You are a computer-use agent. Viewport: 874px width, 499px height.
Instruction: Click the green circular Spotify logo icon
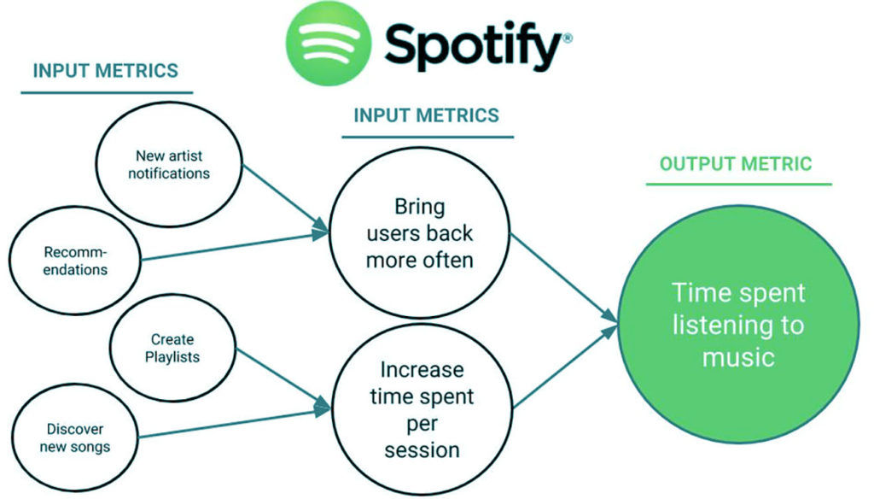click(329, 43)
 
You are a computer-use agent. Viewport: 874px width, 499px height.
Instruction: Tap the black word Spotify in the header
click(473, 46)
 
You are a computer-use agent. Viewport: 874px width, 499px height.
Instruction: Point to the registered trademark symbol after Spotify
click(568, 38)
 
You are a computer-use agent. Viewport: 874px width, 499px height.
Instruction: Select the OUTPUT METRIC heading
click(736, 163)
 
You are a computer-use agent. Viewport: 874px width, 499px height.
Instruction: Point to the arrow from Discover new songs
click(235, 423)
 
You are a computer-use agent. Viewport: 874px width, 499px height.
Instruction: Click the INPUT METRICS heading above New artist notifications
click(105, 71)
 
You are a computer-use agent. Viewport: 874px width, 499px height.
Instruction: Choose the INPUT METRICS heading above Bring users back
click(427, 115)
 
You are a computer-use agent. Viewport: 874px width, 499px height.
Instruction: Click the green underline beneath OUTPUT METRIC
click(738, 184)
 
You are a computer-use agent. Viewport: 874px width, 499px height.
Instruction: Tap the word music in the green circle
click(738, 357)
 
